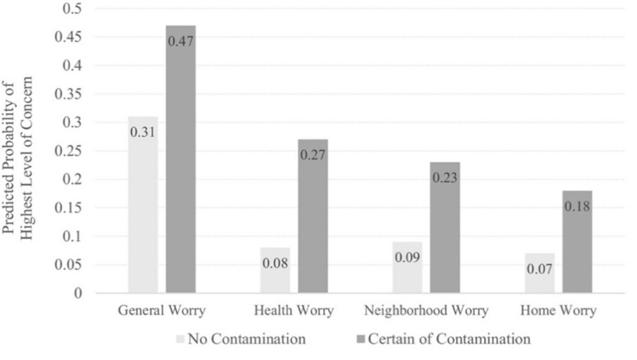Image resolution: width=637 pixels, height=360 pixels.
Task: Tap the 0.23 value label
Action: click(x=445, y=178)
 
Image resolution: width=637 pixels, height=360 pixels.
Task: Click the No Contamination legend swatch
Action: click(x=181, y=339)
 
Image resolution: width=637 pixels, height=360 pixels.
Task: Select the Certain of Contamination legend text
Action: click(x=449, y=339)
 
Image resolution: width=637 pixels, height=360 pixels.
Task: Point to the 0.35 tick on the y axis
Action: click(x=73, y=94)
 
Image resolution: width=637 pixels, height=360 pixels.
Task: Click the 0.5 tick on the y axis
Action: click(x=78, y=9)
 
